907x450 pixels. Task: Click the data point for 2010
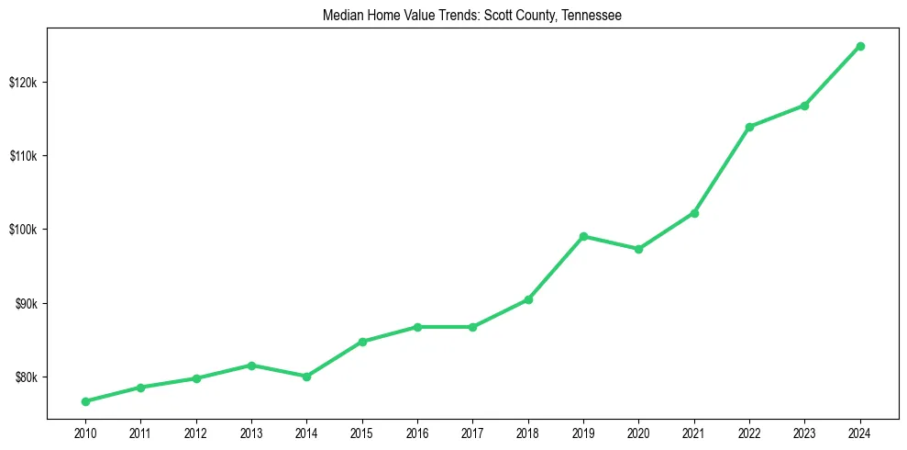point(85,401)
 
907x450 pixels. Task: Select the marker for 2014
point(306,377)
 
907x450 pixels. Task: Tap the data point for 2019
point(583,236)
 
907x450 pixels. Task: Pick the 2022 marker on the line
point(749,127)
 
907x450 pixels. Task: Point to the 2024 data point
point(860,46)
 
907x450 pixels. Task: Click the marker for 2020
point(638,249)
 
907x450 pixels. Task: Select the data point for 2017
point(472,327)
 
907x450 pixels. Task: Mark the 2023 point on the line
point(804,106)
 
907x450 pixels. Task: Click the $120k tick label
point(23,83)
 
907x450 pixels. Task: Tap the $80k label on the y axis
point(26,377)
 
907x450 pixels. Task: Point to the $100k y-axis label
point(23,230)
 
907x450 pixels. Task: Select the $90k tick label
point(26,304)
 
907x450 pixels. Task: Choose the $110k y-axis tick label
point(23,156)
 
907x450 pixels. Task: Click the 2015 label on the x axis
point(361,433)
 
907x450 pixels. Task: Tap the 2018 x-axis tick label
point(527,433)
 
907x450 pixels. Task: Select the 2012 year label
point(195,433)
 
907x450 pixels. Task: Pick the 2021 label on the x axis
point(693,433)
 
